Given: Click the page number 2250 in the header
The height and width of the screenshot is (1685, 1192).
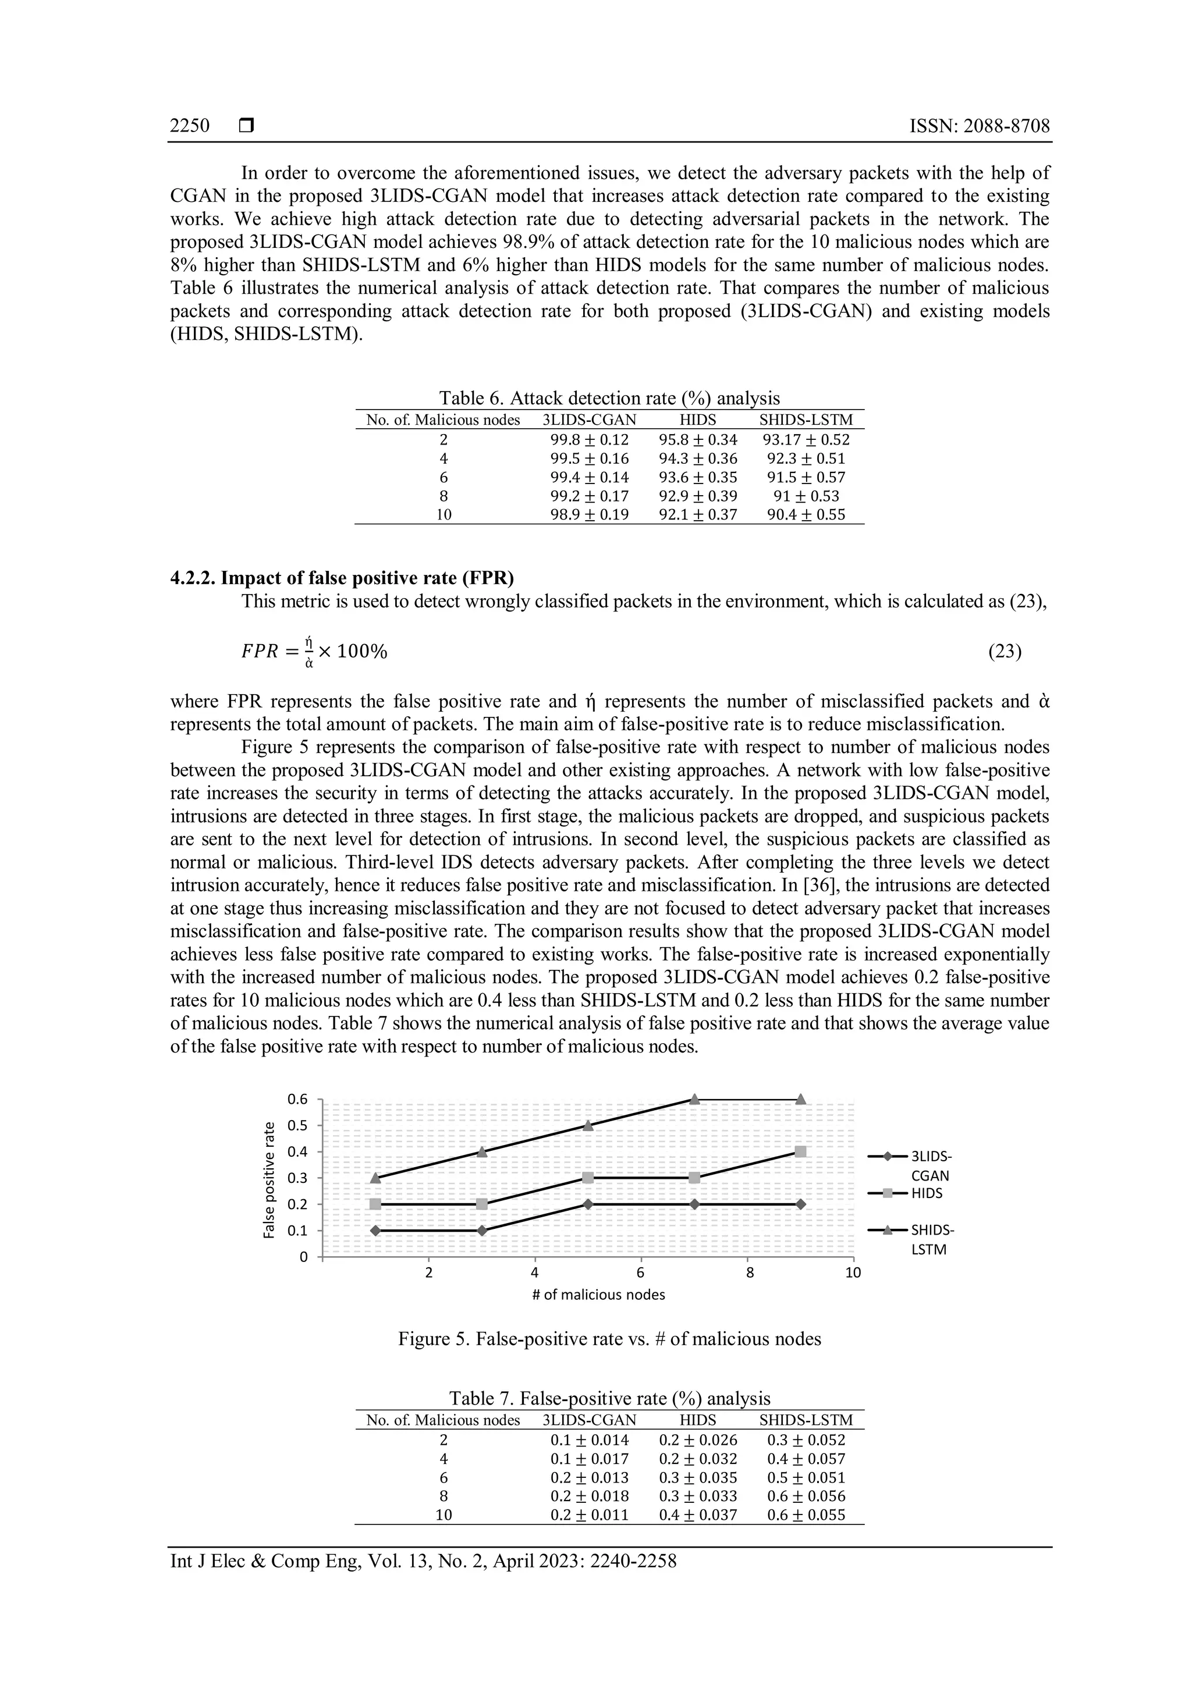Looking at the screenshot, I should [189, 126].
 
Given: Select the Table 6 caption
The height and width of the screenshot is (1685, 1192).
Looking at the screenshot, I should [609, 398].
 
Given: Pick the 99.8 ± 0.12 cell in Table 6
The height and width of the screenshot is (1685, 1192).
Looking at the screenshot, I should [590, 440].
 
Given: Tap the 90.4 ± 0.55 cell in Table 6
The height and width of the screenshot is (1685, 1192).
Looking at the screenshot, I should [806, 514].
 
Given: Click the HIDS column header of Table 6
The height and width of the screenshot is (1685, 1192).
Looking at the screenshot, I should [698, 420].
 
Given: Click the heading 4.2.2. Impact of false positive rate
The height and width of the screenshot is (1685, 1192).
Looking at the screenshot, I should [342, 578].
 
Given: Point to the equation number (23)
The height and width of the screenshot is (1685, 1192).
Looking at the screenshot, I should [1005, 651].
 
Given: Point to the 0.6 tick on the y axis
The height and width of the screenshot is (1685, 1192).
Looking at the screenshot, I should [297, 1099].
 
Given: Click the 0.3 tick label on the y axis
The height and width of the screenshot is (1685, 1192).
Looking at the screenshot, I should [297, 1178].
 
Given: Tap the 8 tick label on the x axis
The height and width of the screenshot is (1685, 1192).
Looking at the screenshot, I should [750, 1273].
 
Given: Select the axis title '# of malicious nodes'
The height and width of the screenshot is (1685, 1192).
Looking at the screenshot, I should [598, 1295].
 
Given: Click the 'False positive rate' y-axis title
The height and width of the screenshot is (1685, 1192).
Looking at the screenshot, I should [269, 1180].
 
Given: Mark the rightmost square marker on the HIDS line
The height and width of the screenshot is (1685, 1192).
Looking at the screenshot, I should [801, 1151].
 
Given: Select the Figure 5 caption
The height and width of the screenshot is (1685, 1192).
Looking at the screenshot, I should [609, 1339].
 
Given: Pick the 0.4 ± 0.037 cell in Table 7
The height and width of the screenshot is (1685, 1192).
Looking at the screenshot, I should [698, 1515].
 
